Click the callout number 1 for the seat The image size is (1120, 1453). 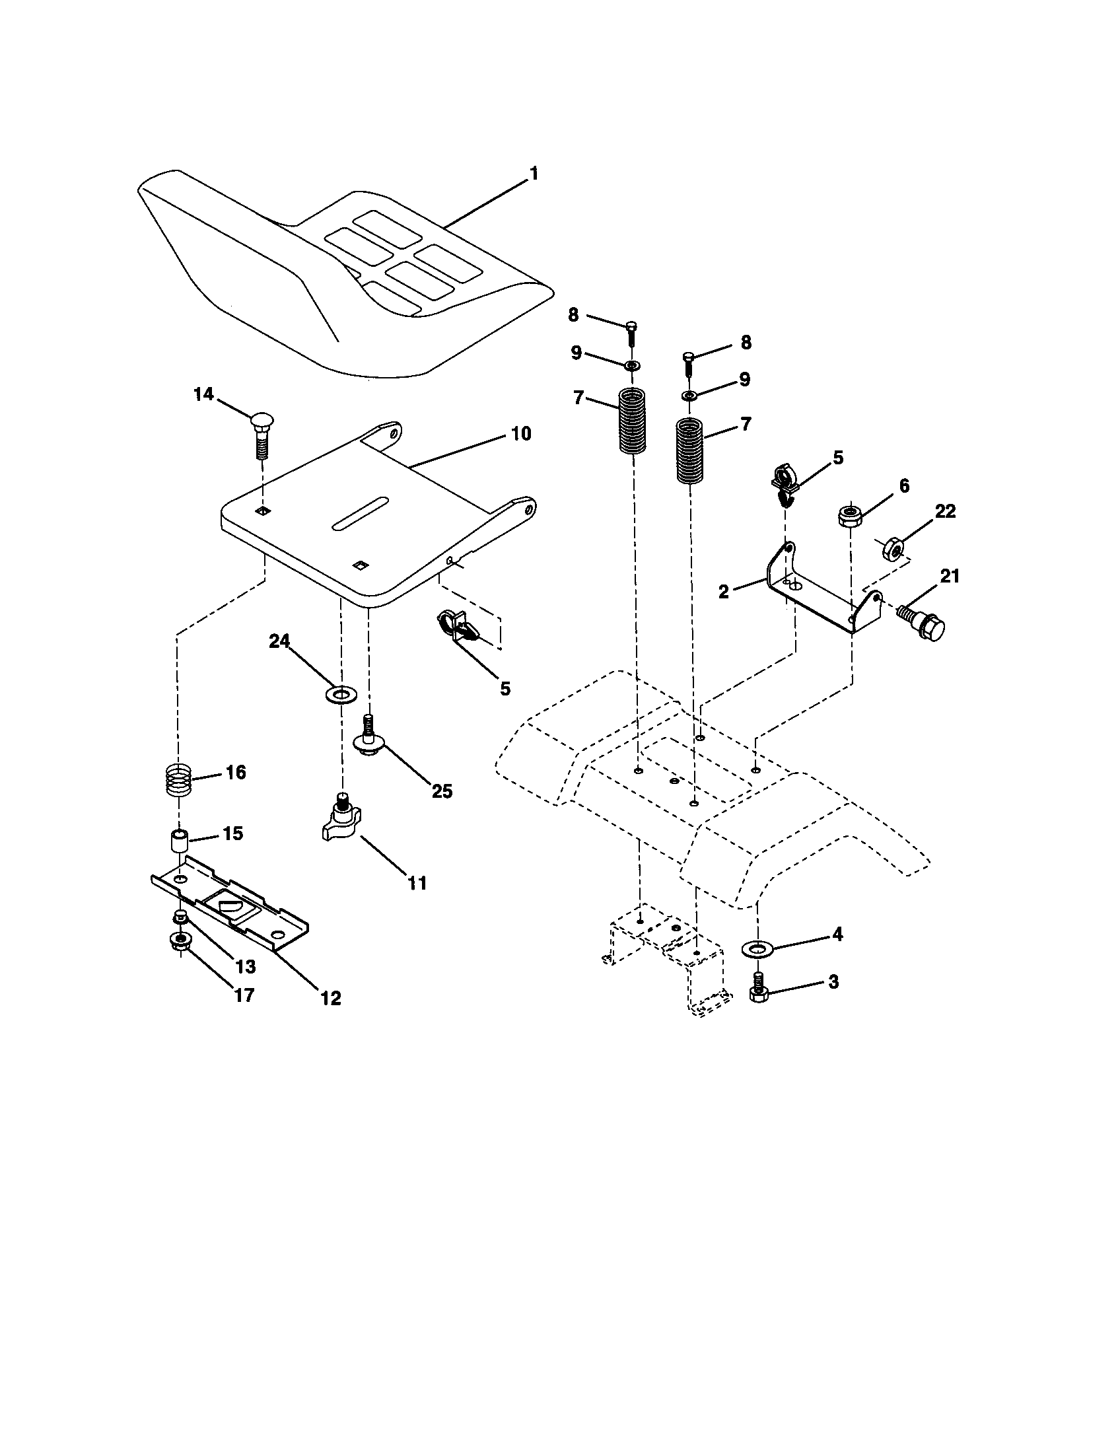point(534,174)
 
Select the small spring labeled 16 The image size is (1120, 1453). point(177,778)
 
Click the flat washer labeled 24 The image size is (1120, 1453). point(340,697)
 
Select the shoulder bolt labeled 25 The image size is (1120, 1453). point(368,738)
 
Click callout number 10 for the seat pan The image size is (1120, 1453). point(521,434)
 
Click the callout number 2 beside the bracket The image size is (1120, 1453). point(724,592)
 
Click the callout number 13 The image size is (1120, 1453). point(246,967)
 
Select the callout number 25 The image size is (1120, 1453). point(442,791)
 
